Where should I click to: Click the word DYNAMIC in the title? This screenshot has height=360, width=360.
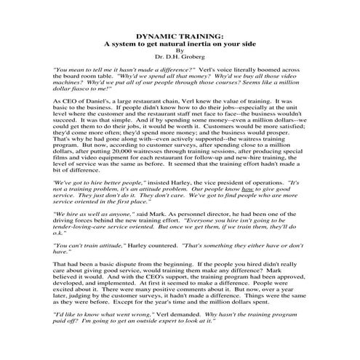coord(153,34)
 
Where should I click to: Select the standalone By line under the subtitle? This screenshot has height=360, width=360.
coord(180,51)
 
